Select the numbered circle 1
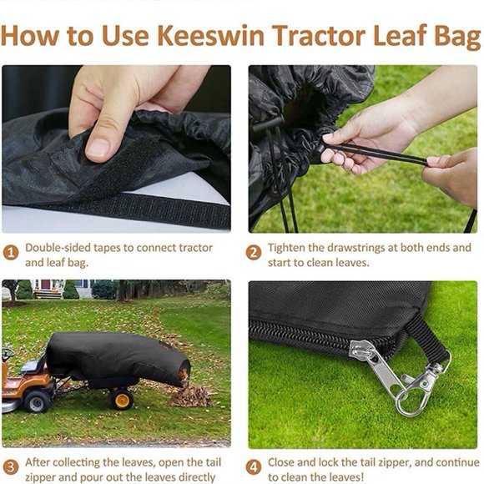(11, 250)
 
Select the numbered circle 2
(254, 251)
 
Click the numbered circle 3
(11, 466)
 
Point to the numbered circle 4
(254, 466)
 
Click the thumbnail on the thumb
(99, 147)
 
